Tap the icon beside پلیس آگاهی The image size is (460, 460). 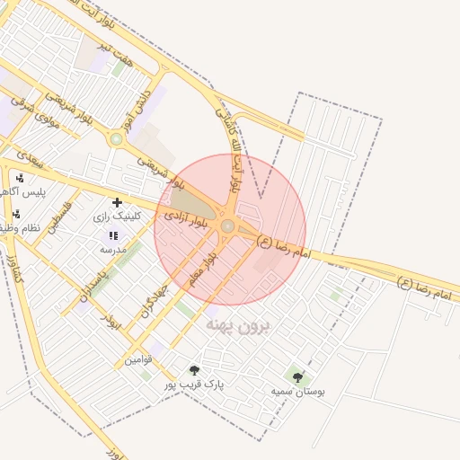pos(20,178)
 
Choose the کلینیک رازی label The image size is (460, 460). pos(116,217)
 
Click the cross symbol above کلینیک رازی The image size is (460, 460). pos(117,203)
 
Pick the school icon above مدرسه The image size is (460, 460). pos(113,234)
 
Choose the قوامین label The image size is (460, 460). pos(139,359)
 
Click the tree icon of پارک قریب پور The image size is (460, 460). pos(194,370)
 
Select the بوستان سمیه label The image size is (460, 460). pos(298,392)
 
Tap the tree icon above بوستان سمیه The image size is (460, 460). pos(298,377)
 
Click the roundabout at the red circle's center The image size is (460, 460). pos(228,226)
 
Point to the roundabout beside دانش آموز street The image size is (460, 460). pos(116,138)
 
